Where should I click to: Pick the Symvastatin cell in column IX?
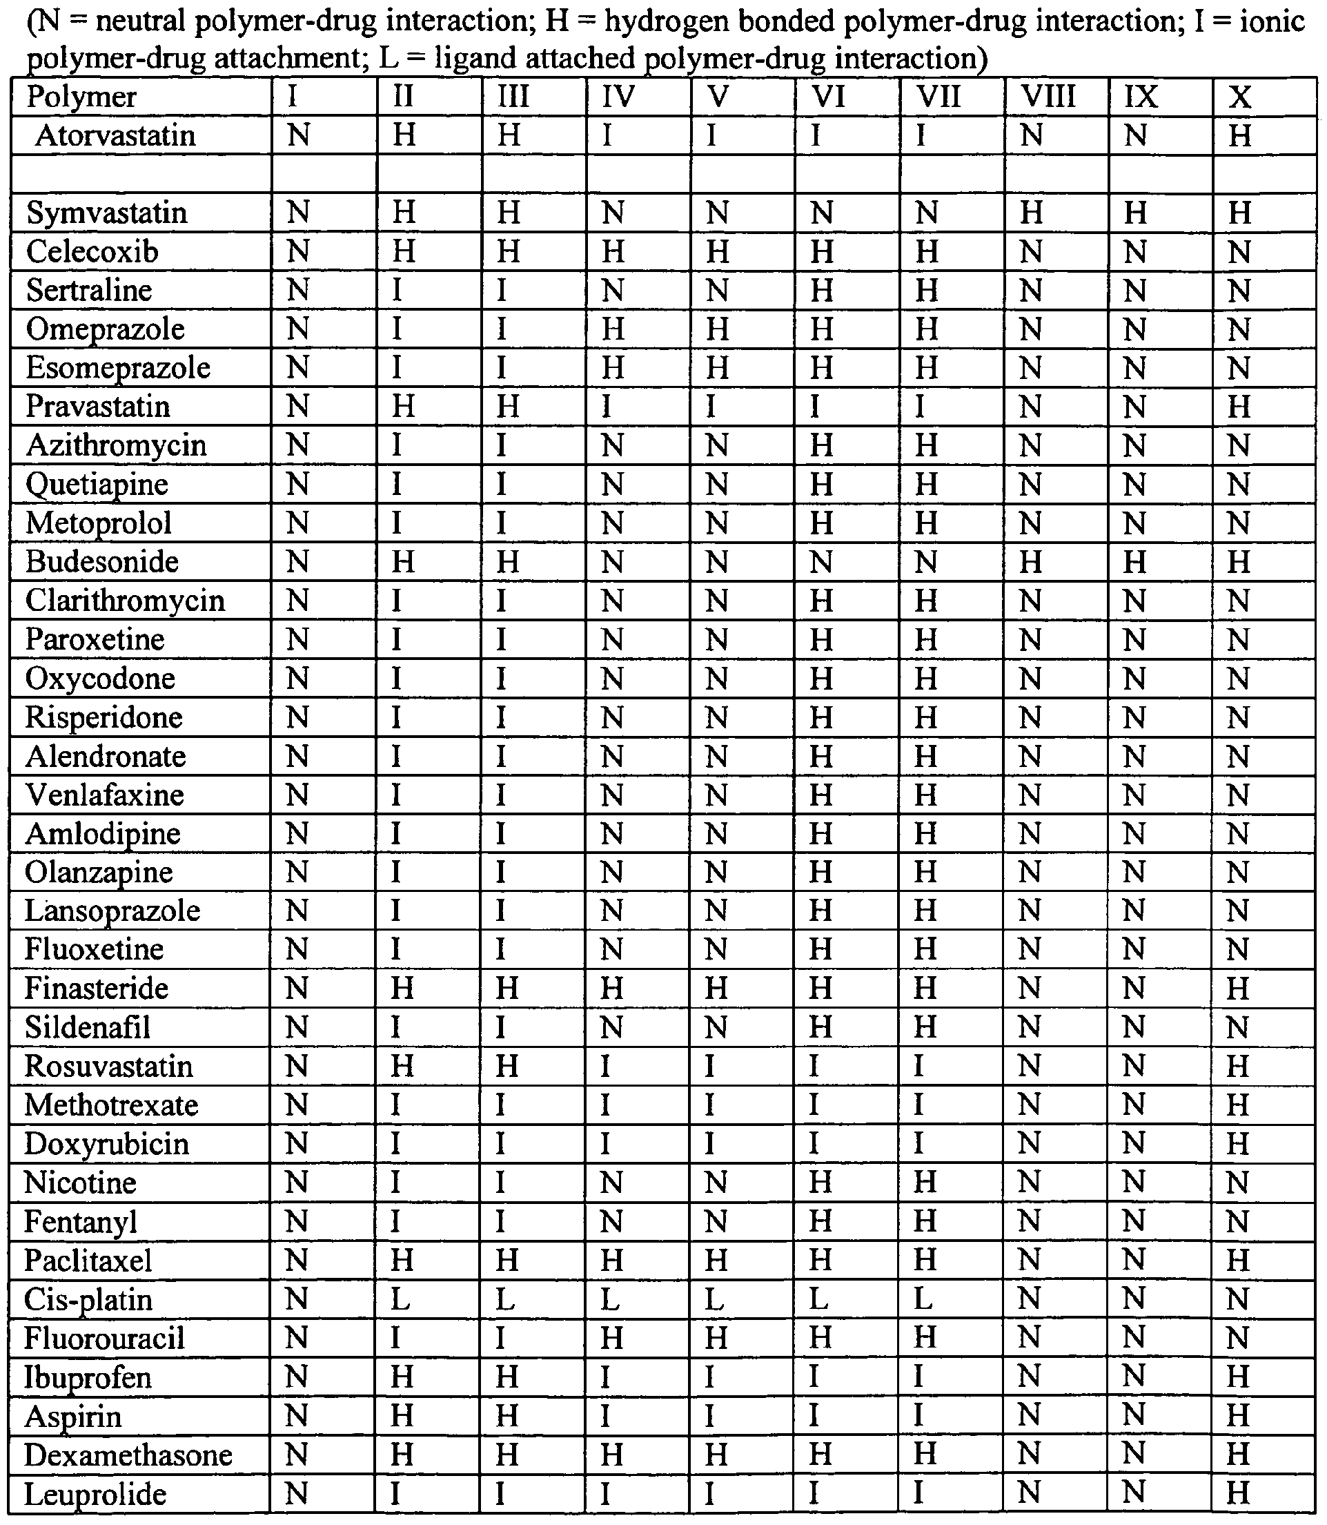(1135, 213)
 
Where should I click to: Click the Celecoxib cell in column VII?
(926, 252)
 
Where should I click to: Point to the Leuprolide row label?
(95, 1494)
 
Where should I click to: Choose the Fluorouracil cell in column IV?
(611, 1339)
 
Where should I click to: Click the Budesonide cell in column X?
(1239, 562)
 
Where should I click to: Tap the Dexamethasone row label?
(128, 1455)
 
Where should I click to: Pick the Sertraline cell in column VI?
(821, 291)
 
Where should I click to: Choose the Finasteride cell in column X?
(1238, 988)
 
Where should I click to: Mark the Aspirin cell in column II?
(402, 1416)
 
